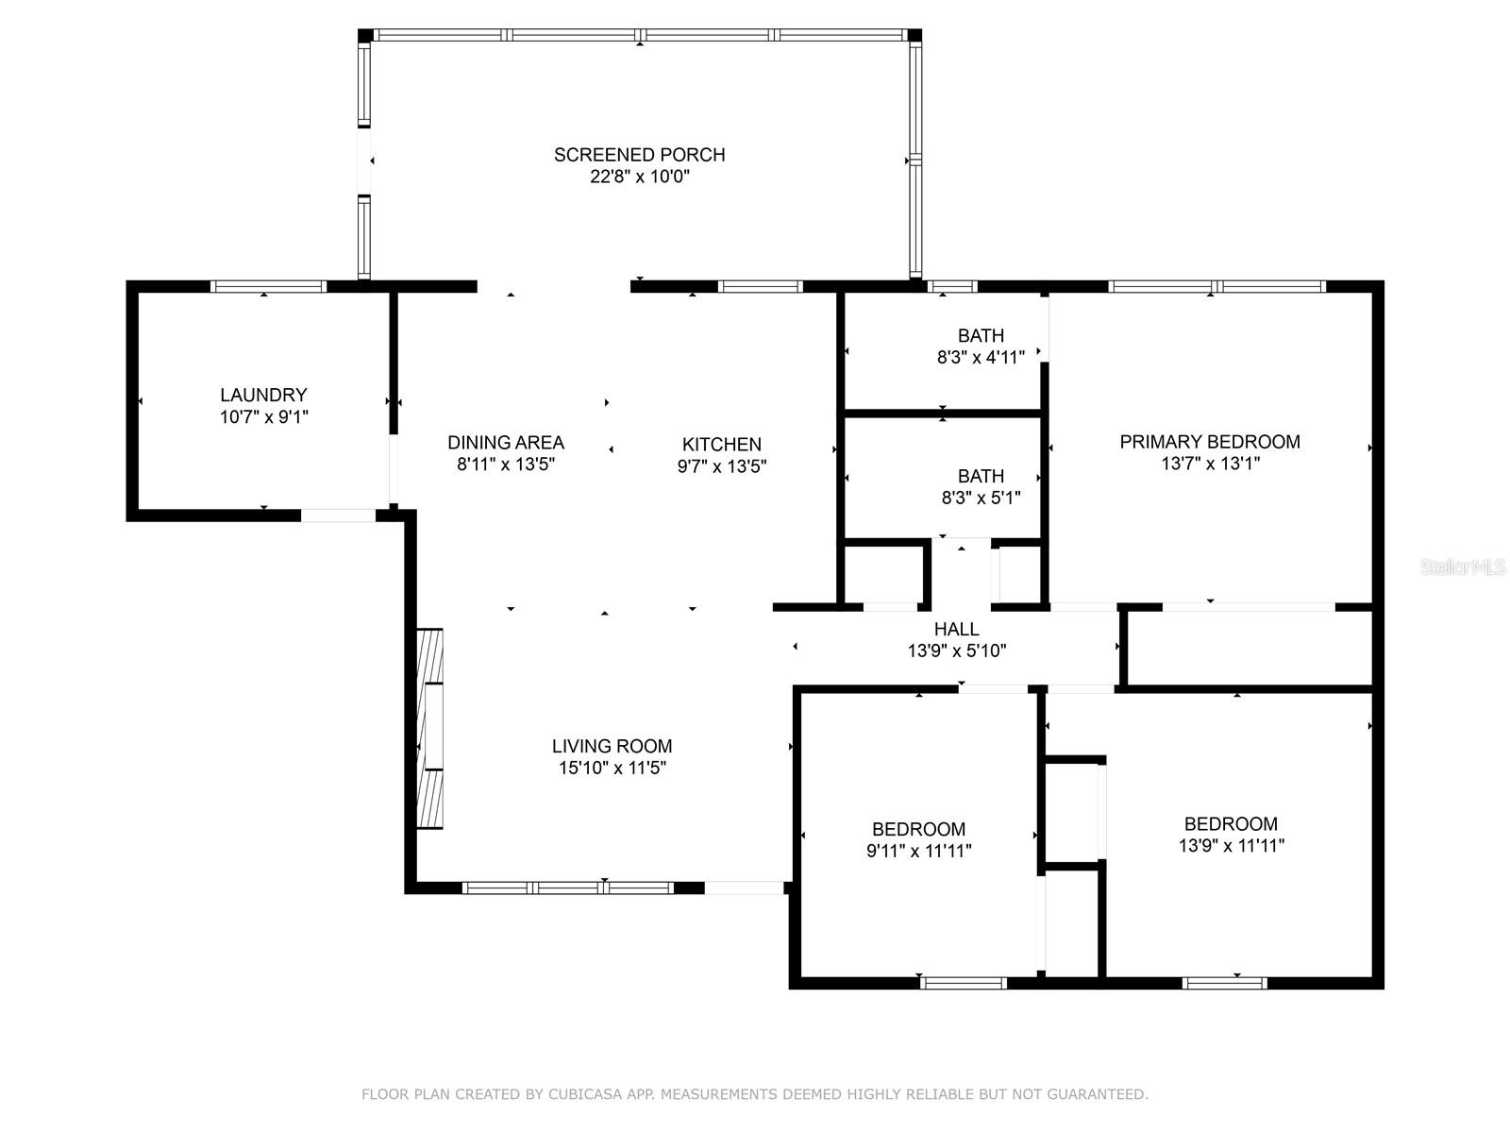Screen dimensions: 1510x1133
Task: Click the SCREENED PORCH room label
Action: click(x=639, y=155)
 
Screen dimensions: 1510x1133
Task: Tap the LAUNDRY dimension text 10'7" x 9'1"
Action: click(x=264, y=417)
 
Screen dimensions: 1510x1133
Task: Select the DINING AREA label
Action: click(x=506, y=442)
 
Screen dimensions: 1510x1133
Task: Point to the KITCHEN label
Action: click(x=722, y=445)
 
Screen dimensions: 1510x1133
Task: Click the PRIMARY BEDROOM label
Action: click(x=1210, y=442)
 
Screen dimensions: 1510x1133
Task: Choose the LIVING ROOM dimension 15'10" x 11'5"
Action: click(x=612, y=768)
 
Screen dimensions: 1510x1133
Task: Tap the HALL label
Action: click(x=957, y=629)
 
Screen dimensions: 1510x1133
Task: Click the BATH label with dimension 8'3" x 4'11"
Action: click(x=981, y=336)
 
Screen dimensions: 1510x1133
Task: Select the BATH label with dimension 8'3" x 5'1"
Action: click(x=981, y=476)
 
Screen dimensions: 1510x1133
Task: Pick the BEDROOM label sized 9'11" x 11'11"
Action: click(x=919, y=829)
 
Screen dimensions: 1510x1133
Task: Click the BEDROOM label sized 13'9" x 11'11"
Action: click(x=1232, y=823)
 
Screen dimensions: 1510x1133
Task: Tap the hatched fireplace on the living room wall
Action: click(x=430, y=729)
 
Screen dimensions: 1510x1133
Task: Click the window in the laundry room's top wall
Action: click(x=268, y=287)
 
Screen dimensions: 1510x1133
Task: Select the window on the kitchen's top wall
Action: click(x=760, y=287)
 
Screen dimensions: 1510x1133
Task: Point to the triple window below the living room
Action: click(x=568, y=888)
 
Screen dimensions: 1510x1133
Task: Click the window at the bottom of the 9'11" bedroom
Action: click(x=964, y=983)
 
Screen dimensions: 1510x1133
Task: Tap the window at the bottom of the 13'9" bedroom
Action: click(x=1224, y=983)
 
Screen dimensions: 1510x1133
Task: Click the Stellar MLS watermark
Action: click(x=1463, y=567)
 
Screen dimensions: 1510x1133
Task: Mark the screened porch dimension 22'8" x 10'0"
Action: click(x=640, y=177)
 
